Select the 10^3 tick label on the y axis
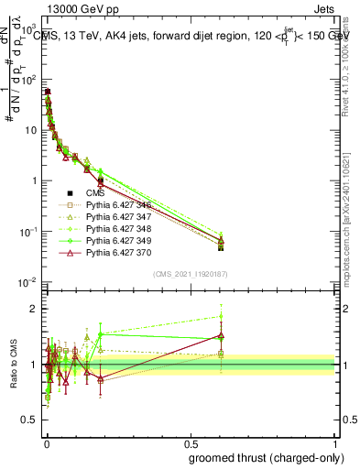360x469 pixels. click(x=31, y=30)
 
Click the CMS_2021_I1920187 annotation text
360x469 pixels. click(x=190, y=273)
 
